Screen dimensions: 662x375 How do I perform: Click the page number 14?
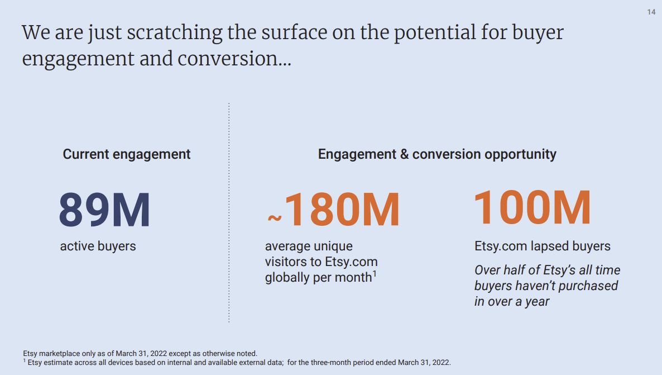coord(651,12)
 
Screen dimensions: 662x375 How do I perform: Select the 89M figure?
coord(104,210)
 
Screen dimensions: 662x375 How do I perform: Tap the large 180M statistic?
coord(342,210)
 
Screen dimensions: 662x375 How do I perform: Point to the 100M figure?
coord(532,207)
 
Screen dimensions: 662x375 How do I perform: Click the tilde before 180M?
coord(275,218)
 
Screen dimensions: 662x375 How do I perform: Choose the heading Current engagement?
coord(127,154)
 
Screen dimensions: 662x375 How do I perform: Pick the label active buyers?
coord(98,246)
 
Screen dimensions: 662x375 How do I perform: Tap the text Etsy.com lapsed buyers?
coord(543,246)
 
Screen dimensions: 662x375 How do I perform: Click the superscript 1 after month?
coord(375,274)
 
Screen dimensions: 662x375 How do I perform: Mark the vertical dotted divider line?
coord(229,213)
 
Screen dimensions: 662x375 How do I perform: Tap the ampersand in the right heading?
coord(405,154)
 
